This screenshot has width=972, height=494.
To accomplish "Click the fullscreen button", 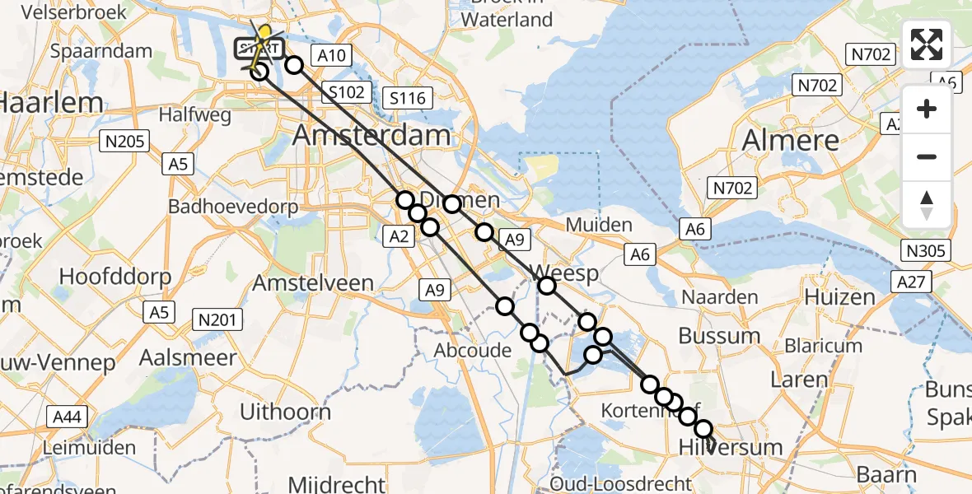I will pyautogui.click(x=927, y=44).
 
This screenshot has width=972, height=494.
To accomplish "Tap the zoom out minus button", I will pyautogui.click(x=927, y=156).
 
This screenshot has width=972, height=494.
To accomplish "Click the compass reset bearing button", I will pyautogui.click(x=927, y=205).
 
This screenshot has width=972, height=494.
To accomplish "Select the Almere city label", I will pyautogui.click(x=791, y=141).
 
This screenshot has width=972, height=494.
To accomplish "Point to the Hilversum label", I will pyautogui.click(x=731, y=448).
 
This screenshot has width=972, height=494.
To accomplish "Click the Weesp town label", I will pyautogui.click(x=564, y=272).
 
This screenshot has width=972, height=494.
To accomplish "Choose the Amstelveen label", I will pyautogui.click(x=313, y=283).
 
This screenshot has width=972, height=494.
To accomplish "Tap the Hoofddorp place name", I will pyautogui.click(x=115, y=276).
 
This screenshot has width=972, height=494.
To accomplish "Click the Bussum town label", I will pyautogui.click(x=719, y=336).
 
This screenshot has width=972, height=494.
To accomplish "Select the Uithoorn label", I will pyautogui.click(x=286, y=412).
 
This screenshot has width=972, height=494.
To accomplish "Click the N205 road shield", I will pyautogui.click(x=124, y=142).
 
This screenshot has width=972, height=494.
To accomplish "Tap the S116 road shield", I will pyautogui.click(x=408, y=99).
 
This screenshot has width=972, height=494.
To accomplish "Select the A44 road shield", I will pyautogui.click(x=66, y=417).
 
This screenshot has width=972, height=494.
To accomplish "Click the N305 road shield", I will pyautogui.click(x=927, y=250).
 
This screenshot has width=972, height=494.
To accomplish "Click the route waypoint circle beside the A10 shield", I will pyautogui.click(x=294, y=64).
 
